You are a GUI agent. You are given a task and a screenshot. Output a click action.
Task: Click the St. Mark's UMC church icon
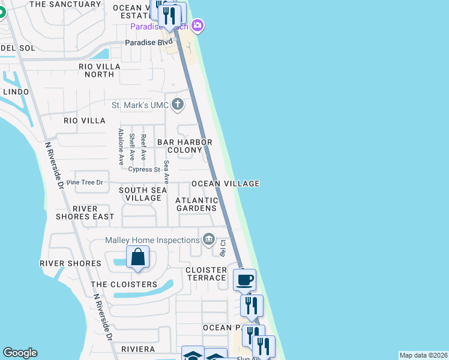[x=177, y=105]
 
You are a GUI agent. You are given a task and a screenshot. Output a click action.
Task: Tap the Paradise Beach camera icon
[x=198, y=26]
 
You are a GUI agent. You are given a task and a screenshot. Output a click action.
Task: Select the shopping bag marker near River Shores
[x=137, y=257]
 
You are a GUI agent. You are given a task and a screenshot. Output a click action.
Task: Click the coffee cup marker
[x=244, y=279]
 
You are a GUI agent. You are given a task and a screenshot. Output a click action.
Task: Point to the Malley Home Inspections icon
[x=209, y=240]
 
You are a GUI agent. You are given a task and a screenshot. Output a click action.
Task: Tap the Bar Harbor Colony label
[x=185, y=146]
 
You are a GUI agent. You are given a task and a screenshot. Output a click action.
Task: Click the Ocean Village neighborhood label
[x=225, y=184]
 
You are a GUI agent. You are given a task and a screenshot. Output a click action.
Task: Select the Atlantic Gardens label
[x=196, y=204]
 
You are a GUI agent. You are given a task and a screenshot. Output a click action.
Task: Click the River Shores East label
[x=85, y=212]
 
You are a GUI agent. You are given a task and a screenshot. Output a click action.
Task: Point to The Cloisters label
[x=124, y=284]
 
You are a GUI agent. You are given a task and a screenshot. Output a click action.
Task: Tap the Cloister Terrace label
[x=206, y=274]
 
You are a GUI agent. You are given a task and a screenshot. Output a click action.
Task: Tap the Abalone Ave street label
[x=121, y=147]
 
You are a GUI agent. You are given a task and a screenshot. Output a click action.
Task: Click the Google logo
[x=20, y=353]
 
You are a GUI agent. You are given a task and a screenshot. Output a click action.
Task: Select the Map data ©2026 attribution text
[x=423, y=355]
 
